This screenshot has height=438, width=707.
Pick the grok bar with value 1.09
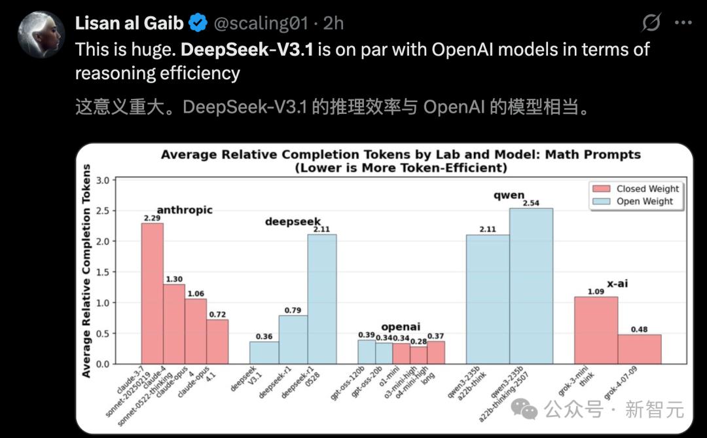[x=596, y=330]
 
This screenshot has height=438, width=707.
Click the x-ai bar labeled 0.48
[x=640, y=349]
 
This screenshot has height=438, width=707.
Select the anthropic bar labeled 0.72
[x=217, y=341]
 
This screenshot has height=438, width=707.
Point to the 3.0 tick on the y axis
[x=102, y=180]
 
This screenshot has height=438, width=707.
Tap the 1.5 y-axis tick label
[x=102, y=272]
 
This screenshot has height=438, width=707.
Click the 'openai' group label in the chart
[x=401, y=326]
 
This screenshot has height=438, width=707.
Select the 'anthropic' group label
[x=185, y=210]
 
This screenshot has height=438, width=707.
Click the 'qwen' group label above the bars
[x=509, y=196]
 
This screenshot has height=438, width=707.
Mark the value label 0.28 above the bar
[x=418, y=340]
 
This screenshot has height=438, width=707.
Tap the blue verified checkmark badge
[x=198, y=24]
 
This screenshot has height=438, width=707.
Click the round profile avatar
[x=41, y=34]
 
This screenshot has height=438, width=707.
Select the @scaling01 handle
[x=260, y=24]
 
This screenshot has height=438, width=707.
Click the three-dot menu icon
[x=683, y=23]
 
